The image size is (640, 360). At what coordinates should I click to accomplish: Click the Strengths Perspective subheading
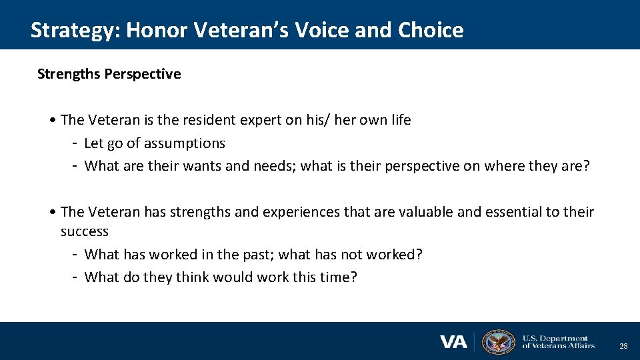coord(109,74)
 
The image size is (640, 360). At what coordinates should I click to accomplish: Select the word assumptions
coord(184,143)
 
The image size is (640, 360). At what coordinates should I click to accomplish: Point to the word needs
coord(273,166)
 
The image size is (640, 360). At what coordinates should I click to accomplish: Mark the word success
coord(85,231)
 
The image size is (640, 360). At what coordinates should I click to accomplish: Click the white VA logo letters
coord(453,342)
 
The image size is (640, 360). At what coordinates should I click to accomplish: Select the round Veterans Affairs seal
coord(498,342)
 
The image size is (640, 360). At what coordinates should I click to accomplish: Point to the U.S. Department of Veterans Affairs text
coord(558,342)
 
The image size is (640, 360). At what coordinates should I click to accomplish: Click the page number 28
coord(623,346)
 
